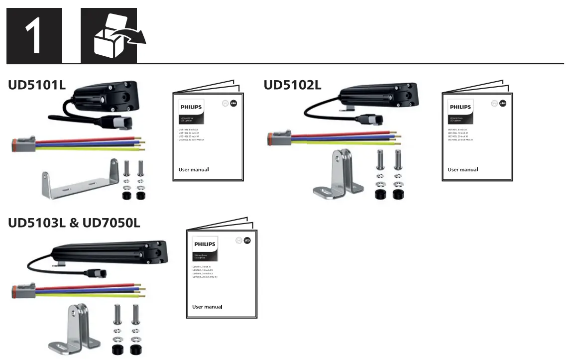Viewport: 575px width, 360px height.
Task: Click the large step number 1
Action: coord(34,35)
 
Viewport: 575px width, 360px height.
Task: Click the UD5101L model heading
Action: coord(37,85)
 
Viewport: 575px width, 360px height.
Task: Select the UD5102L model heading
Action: coord(293,85)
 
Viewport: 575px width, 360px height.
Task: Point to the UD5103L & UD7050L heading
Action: coord(74,223)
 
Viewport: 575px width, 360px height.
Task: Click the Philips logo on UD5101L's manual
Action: coord(191,107)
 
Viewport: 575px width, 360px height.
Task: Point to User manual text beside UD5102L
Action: coord(462,170)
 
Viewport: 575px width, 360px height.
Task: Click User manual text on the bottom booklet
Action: coord(207,307)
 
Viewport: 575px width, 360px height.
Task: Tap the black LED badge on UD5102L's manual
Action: coord(503,103)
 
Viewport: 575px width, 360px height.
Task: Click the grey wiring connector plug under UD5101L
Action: coord(20,145)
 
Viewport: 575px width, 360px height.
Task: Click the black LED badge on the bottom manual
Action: coord(247,240)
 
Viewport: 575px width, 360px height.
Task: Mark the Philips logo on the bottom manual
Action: coord(205,244)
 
